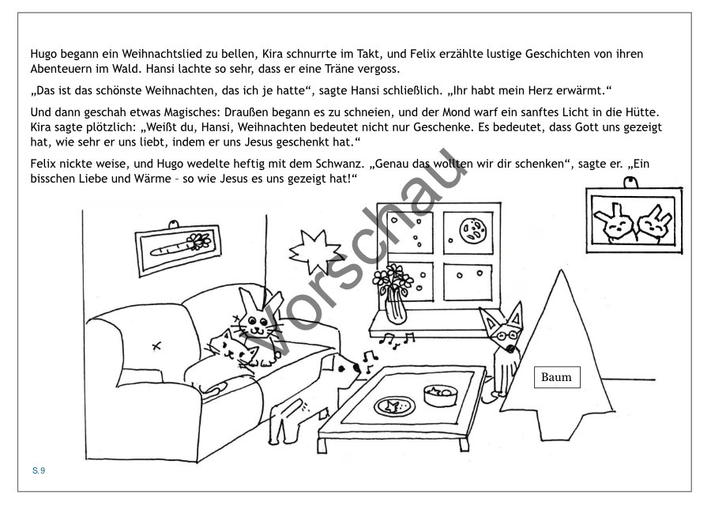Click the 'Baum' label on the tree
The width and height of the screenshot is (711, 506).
[557, 377]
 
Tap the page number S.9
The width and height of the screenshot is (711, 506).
[39, 470]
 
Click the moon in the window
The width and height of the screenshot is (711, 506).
[473, 231]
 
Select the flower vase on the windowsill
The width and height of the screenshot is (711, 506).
[394, 294]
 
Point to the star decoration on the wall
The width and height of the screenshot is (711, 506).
[315, 252]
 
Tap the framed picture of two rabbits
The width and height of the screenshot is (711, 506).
[634, 219]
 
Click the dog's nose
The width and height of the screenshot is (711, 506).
[358, 368]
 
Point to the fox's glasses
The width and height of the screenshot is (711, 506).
[507, 336]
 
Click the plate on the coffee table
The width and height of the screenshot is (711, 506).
[394, 406]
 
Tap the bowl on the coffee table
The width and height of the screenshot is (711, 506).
[440, 395]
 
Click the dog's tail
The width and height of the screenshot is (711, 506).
[299, 403]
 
